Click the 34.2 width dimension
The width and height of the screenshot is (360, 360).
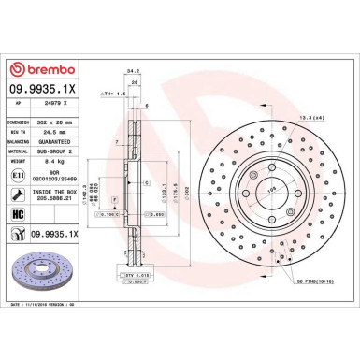(x=133, y=67)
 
